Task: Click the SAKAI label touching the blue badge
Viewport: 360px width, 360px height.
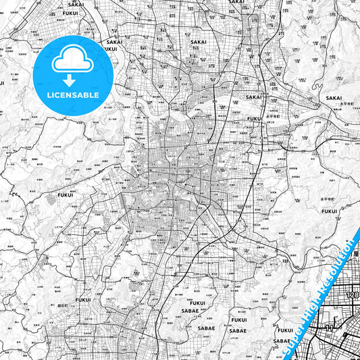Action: point(113,42)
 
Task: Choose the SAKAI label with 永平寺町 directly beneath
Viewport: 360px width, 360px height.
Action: point(334,98)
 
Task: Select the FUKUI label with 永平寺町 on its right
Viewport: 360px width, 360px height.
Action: point(255,118)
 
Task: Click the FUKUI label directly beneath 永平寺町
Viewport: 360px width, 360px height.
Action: point(330,211)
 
